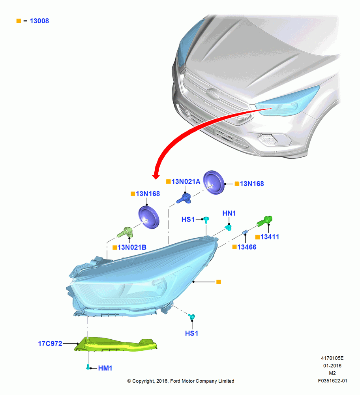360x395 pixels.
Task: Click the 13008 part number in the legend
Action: (x=39, y=21)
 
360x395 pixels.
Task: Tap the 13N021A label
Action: (x=186, y=182)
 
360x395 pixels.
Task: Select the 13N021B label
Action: (x=132, y=247)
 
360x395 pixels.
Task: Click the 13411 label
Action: (x=270, y=237)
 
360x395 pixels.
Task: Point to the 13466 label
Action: (x=247, y=247)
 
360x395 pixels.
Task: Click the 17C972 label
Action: (x=50, y=344)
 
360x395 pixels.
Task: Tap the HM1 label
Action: (x=105, y=368)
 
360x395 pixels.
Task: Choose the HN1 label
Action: (x=229, y=213)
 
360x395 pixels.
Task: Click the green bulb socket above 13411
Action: (x=264, y=221)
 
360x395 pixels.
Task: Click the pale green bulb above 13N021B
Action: (x=126, y=232)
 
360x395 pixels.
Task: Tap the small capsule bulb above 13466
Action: (x=245, y=232)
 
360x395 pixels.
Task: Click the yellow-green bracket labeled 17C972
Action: (x=116, y=344)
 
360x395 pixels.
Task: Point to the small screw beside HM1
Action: (x=88, y=367)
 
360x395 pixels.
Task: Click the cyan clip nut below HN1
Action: (x=228, y=228)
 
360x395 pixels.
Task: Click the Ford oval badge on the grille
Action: (x=212, y=94)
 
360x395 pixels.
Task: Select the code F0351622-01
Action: (x=332, y=381)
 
